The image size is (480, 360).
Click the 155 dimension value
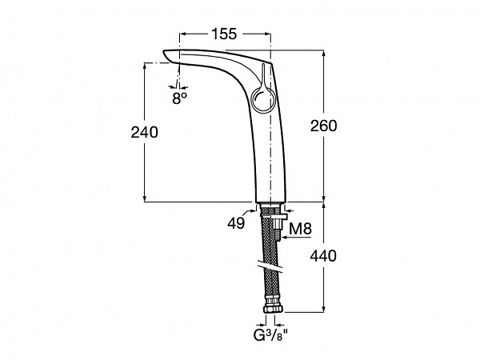[x=224, y=34]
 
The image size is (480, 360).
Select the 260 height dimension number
[x=323, y=126]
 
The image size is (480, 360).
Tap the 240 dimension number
[x=145, y=132]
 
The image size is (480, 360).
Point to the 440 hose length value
[x=323, y=256]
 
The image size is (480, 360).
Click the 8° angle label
[x=179, y=98]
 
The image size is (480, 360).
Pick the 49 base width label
[x=236, y=223]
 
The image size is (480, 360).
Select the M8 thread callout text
[x=300, y=228]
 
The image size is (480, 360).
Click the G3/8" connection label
[x=271, y=334]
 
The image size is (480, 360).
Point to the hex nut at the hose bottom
[x=274, y=308]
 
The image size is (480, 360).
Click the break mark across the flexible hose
[x=270, y=266]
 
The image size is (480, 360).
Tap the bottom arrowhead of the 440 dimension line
[x=324, y=309]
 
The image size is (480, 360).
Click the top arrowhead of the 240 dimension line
[x=145, y=66]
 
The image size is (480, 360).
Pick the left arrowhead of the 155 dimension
[x=183, y=34]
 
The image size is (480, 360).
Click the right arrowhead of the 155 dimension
[x=267, y=34]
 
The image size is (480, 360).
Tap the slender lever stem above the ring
[x=263, y=76]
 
